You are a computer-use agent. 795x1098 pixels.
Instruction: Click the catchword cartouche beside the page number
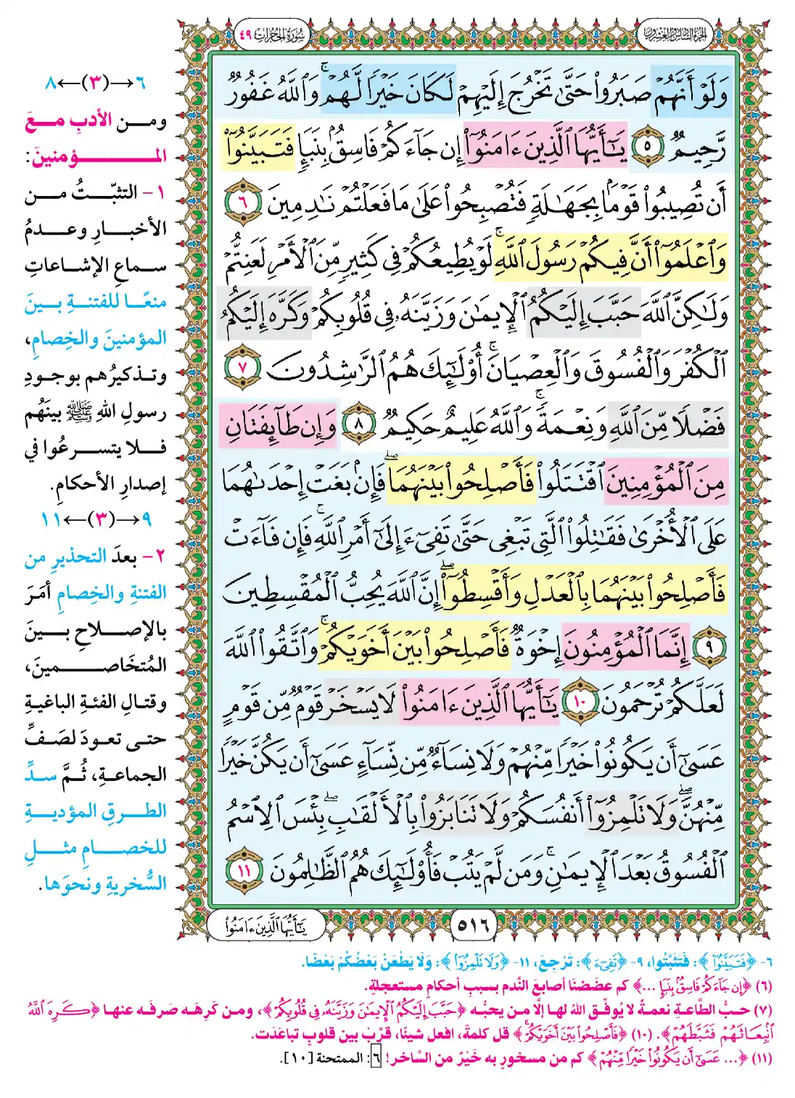[265, 925]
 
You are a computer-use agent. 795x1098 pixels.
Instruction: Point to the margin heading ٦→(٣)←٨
[95, 83]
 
